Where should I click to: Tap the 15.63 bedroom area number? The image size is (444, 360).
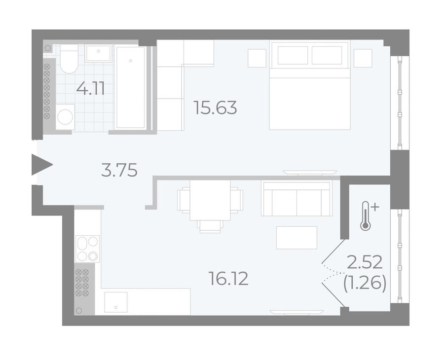(x=215, y=108)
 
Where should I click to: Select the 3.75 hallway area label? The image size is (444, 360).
(x=119, y=170)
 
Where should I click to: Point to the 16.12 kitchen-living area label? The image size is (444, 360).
(x=228, y=278)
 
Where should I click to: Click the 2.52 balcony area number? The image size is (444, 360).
(x=365, y=262)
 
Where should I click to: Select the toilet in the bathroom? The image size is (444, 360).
(x=69, y=59)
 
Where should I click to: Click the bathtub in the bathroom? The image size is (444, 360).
(x=131, y=87)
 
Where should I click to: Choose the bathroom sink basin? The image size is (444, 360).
(x=98, y=53)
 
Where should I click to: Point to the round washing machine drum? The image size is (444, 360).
(x=65, y=117)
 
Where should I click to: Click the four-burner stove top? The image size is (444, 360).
(x=87, y=249)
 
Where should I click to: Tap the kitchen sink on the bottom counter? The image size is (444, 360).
(x=116, y=302)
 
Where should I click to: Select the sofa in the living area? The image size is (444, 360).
(x=296, y=199)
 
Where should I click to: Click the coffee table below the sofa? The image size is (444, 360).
(x=296, y=238)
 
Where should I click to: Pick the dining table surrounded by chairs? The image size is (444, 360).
(x=210, y=200)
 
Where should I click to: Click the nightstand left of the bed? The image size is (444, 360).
(x=257, y=58)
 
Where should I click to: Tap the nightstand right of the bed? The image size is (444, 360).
(x=363, y=58)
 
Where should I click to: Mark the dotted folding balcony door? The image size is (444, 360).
(x=333, y=273)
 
